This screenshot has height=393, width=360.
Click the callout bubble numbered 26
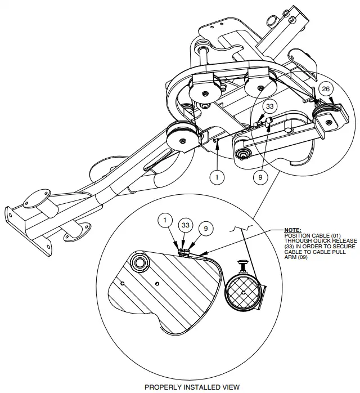pyautogui.click(x=325, y=89)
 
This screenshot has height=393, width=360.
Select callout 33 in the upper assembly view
pyautogui.click(x=269, y=106)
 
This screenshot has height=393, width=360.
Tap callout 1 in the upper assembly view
pyautogui.click(x=217, y=176)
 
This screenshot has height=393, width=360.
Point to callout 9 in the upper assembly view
pyautogui.click(x=259, y=176)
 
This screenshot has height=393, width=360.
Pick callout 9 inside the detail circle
pyautogui.click(x=206, y=229)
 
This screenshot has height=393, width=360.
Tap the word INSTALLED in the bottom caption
pyautogui.click(x=193, y=387)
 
